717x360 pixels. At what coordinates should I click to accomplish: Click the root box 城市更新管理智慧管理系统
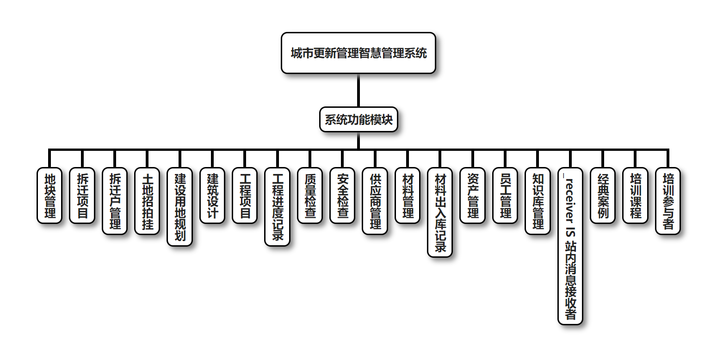click(358, 53)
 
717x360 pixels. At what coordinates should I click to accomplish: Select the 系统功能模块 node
click(358, 120)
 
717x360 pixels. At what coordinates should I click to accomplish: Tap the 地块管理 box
click(49, 195)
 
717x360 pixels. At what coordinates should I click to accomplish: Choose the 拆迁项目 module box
click(82, 195)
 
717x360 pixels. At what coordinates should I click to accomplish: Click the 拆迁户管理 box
click(114, 201)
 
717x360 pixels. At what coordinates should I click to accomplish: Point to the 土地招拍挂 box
click(147, 201)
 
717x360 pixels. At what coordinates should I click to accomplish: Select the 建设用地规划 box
click(179, 206)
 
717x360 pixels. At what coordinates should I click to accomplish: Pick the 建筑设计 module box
click(212, 195)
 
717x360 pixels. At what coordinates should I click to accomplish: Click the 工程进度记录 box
click(278, 206)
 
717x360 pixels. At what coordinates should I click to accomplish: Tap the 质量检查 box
click(310, 195)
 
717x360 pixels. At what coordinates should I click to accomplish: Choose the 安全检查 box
click(342, 195)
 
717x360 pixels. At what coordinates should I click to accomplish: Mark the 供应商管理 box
click(375, 201)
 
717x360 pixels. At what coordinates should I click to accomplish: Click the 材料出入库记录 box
click(440, 212)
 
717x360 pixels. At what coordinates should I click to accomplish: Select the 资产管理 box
click(473, 195)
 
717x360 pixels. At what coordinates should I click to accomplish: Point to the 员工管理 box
click(505, 195)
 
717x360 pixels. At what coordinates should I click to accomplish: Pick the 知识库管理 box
click(538, 201)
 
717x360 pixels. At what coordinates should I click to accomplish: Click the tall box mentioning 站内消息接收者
click(570, 246)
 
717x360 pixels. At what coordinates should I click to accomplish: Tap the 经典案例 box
click(603, 195)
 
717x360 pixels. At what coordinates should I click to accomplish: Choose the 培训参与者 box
click(668, 201)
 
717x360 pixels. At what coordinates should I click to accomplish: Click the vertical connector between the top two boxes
click(358, 90)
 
